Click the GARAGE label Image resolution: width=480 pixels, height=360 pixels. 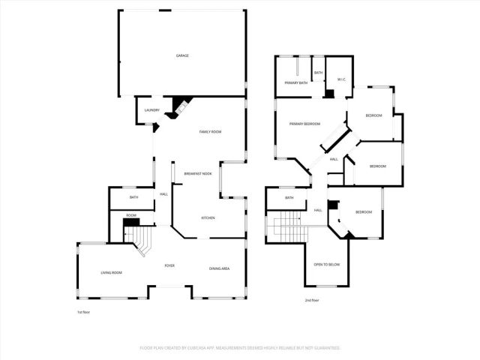coord(181,56)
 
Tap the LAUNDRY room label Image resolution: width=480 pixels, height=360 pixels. coord(151,110)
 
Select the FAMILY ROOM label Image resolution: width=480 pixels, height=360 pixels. coord(210,132)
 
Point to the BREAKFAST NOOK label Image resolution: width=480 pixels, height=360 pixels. coord(198,174)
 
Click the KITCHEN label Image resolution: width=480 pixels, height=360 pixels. coord(208,218)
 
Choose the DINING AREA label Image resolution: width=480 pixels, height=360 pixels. coord(219,268)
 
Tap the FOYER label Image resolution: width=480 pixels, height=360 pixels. coord(170,265)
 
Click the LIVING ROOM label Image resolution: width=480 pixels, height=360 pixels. coord(111,272)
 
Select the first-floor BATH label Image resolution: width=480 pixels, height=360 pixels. coord(133,197)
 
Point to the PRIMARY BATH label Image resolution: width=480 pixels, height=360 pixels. coord(295,82)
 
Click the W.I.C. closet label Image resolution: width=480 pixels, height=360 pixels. coord(340,79)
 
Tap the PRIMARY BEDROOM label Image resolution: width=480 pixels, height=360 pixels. coord(305,124)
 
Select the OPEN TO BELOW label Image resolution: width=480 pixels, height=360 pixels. coord(327,265)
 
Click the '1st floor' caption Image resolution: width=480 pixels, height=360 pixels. coord(82,311)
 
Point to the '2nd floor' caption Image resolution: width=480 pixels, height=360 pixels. coord(311,300)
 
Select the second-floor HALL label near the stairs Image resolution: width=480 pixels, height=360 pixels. coord(318,210)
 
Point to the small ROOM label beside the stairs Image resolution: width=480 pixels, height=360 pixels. coord(131,215)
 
